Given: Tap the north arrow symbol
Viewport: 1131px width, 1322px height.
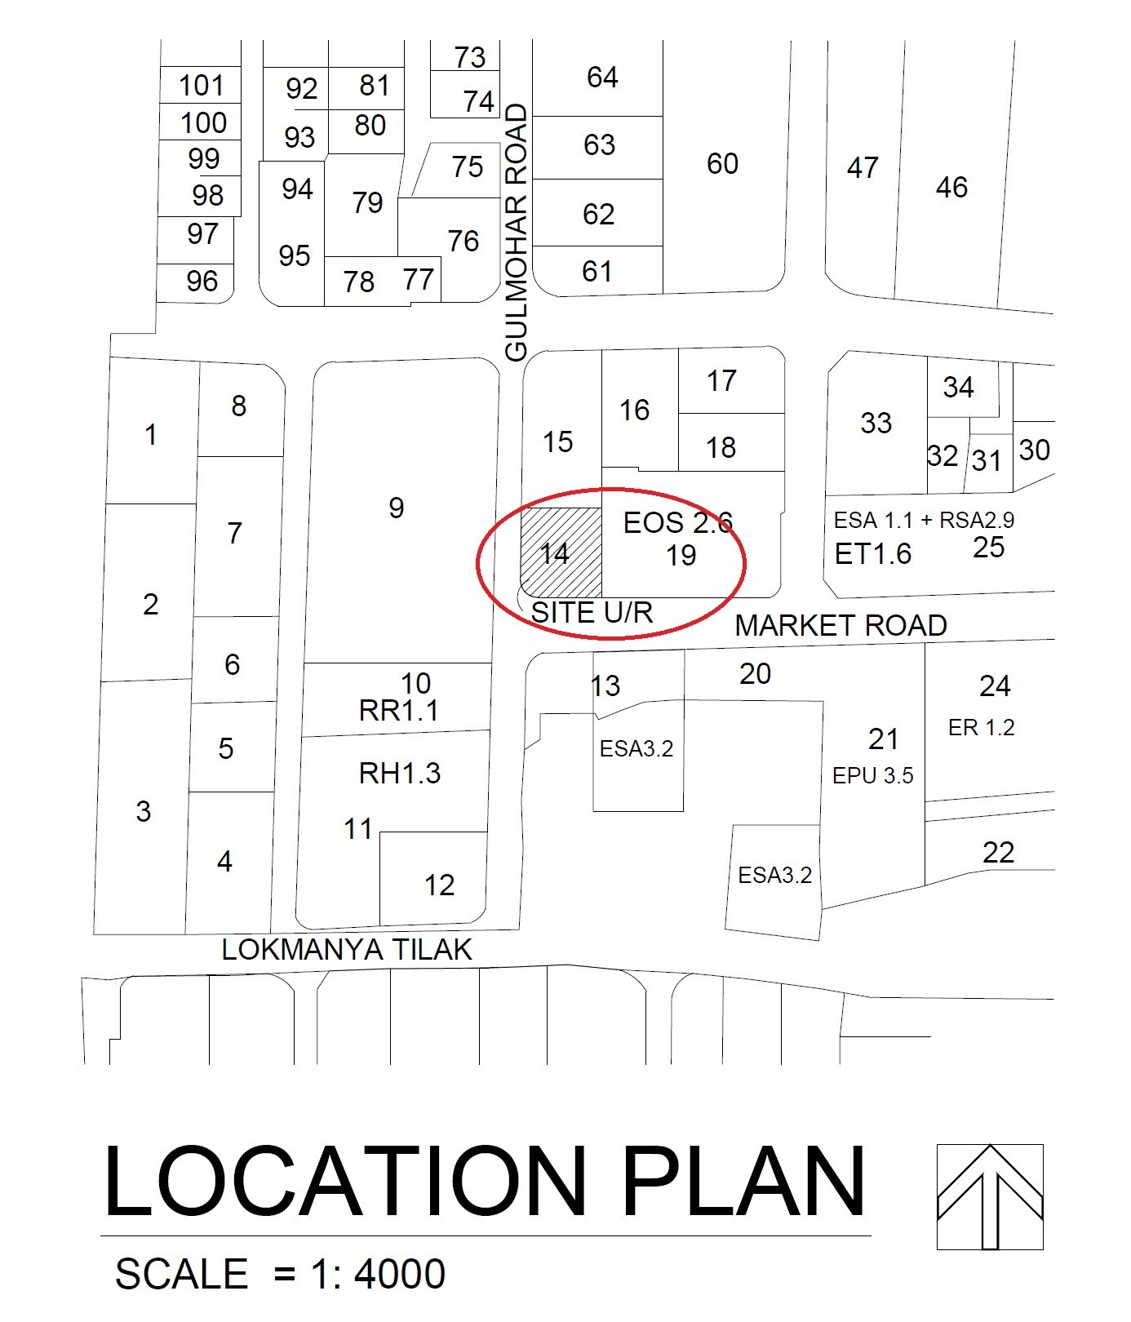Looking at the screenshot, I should (x=990, y=1196).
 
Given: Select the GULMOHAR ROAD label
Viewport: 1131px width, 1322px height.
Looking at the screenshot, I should (x=517, y=233).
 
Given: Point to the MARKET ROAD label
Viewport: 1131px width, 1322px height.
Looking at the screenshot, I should (x=840, y=626).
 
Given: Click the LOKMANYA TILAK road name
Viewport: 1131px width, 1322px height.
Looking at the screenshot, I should (x=347, y=950).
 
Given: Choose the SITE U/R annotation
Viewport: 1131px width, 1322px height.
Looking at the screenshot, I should (x=592, y=612).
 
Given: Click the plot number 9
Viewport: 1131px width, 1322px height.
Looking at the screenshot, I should (x=397, y=508).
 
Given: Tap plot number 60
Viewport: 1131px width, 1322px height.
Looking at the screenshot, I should (x=722, y=164).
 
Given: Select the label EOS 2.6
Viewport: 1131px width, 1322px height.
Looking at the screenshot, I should (x=677, y=523).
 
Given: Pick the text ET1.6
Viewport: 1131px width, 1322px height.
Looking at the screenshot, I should (x=872, y=555).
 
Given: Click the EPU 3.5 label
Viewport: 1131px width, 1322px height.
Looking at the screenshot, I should (x=872, y=776).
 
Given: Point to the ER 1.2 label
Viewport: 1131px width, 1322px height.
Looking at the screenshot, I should (x=981, y=728).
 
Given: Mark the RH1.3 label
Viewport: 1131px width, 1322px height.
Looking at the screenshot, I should (x=400, y=773).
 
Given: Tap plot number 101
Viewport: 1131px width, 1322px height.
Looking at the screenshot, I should (x=201, y=86).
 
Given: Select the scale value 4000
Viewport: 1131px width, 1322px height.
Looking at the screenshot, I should (x=400, y=1275).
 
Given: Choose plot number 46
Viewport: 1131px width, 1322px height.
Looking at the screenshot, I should (x=951, y=188).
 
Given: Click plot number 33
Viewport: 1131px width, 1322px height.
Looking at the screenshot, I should (x=876, y=424).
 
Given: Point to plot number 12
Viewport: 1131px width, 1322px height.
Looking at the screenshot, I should (x=439, y=885).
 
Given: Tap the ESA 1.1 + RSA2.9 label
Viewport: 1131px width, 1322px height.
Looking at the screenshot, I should (x=924, y=521).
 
